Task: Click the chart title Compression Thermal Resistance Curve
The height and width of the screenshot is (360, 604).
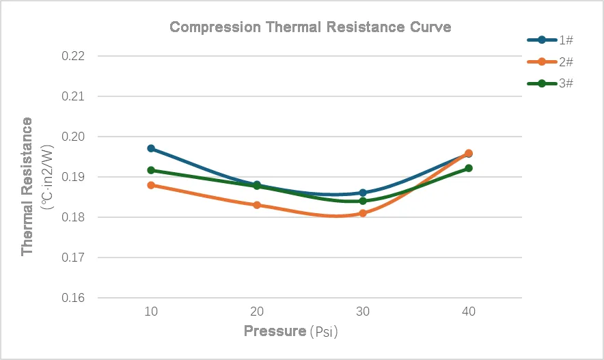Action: point(310,27)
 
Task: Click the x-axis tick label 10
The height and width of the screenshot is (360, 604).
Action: point(151,311)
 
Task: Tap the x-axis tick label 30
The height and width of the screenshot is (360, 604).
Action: point(363,311)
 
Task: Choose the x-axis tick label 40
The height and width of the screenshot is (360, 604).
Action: point(468,311)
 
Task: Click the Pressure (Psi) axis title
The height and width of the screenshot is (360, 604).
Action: point(291,332)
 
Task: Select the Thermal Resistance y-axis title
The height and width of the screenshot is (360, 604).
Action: point(28,186)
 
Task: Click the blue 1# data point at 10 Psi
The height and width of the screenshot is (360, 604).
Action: point(151,148)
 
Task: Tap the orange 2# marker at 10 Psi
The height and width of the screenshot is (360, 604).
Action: point(151,185)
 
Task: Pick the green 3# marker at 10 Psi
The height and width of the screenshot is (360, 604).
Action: point(151,170)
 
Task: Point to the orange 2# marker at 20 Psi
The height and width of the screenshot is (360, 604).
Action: point(257,205)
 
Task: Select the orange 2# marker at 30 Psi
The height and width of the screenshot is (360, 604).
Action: point(363,213)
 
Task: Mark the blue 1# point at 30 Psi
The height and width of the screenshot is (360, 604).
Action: point(363,193)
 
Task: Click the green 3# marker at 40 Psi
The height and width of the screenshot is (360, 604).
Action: point(468,168)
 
